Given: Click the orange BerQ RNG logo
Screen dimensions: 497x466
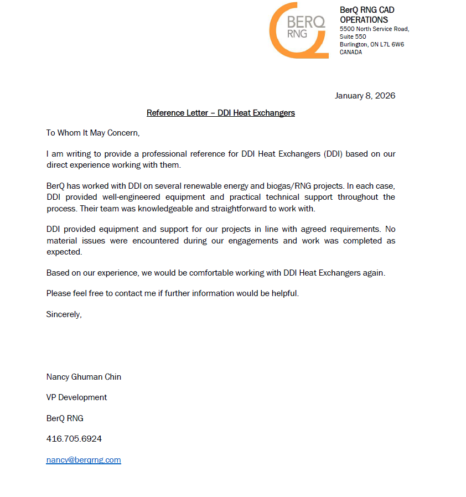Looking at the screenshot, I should (298, 30).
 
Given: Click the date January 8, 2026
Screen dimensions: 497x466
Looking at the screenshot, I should (365, 96).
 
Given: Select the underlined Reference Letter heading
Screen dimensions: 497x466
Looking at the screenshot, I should (220, 113).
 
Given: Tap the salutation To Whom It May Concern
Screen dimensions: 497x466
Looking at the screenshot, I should (93, 133).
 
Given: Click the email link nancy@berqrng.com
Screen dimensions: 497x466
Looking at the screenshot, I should (84, 460).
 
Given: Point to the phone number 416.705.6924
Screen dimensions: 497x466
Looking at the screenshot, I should (74, 439).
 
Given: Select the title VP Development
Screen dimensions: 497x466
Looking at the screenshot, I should (76, 397).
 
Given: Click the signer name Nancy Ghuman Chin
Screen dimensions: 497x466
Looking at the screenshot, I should (84, 377).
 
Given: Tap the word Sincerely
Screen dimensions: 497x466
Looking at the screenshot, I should (64, 314).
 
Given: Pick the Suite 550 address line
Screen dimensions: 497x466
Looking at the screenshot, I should (353, 37).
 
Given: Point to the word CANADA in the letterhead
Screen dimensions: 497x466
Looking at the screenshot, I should (351, 52).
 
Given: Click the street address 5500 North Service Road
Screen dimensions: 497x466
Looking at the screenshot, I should (374, 29).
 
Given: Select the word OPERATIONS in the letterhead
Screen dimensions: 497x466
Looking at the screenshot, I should (364, 20).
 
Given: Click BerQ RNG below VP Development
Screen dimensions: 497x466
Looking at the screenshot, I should (65, 418).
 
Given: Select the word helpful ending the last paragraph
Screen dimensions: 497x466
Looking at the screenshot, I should (285, 293).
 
